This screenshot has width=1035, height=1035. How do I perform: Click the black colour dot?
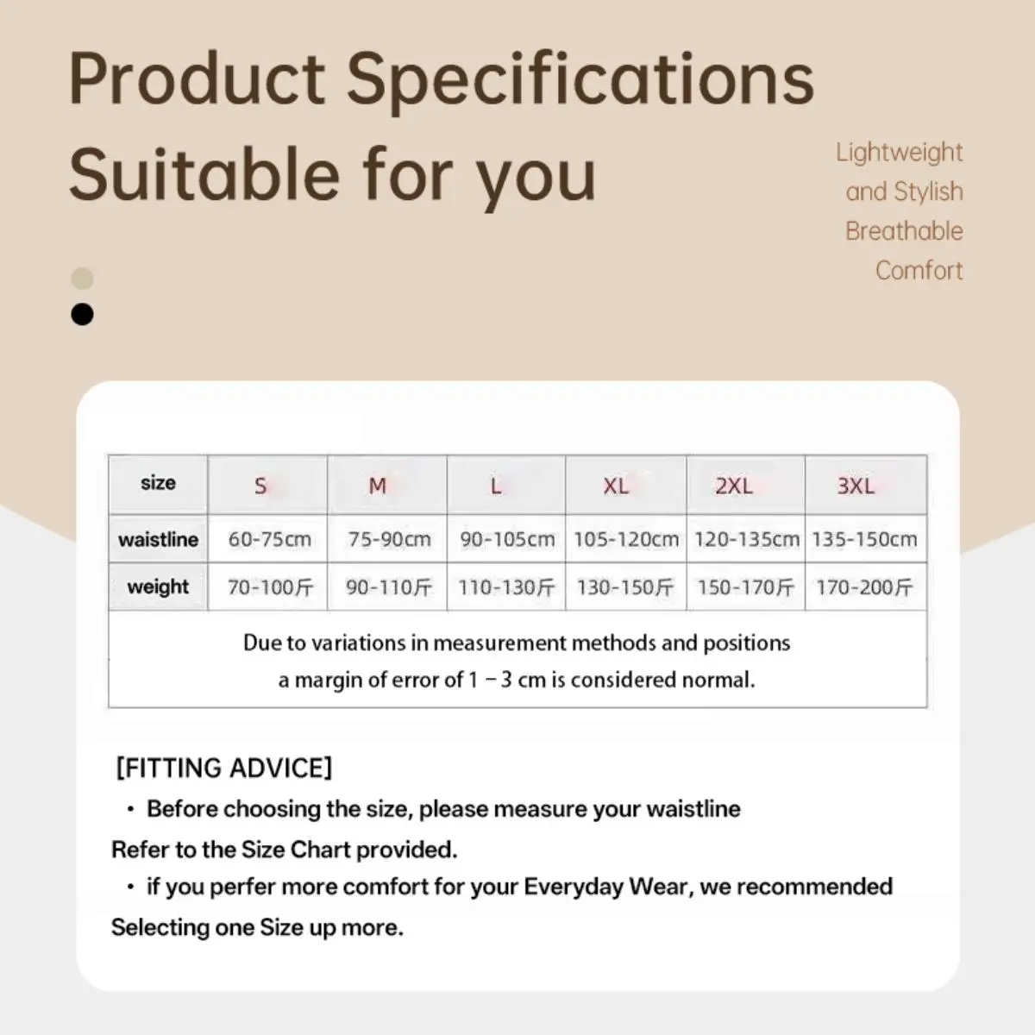click(82, 314)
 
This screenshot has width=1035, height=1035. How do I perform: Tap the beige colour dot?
click(82, 279)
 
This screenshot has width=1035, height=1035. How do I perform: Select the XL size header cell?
click(625, 485)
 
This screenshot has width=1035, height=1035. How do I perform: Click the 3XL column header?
click(866, 485)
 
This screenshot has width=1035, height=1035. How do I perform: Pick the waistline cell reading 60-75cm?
click(267, 539)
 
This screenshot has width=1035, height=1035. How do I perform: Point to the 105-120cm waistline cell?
click(625, 539)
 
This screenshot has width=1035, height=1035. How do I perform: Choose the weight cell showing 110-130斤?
click(506, 587)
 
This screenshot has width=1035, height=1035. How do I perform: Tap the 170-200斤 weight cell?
click(866, 587)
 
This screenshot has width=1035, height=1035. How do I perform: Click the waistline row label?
click(159, 539)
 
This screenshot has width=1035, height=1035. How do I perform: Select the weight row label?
click(159, 587)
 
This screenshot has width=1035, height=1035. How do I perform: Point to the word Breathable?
click(904, 231)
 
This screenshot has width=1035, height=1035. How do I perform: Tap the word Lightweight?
click(899, 153)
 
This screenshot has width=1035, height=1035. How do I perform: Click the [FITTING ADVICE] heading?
click(224, 768)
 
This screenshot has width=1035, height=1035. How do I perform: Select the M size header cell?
click(386, 485)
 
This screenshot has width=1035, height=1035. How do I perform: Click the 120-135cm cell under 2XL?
click(746, 539)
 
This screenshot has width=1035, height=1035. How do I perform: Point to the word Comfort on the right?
click(919, 270)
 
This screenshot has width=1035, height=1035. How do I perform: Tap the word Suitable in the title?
click(204, 175)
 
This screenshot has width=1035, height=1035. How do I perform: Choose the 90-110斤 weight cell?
click(386, 587)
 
